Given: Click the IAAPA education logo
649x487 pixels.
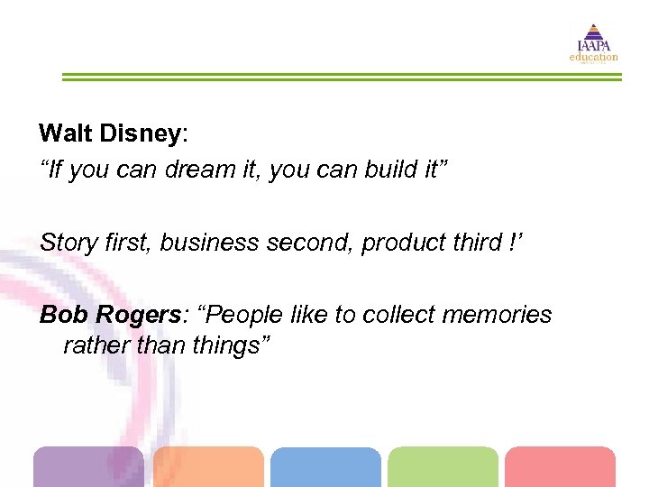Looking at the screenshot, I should pos(592,43).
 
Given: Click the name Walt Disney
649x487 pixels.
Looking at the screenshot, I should pos(110,133).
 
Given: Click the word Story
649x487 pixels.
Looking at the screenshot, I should pos(65,243).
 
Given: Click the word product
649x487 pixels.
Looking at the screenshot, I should pos(401,243).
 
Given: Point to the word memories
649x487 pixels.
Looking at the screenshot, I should pos(495,315).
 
